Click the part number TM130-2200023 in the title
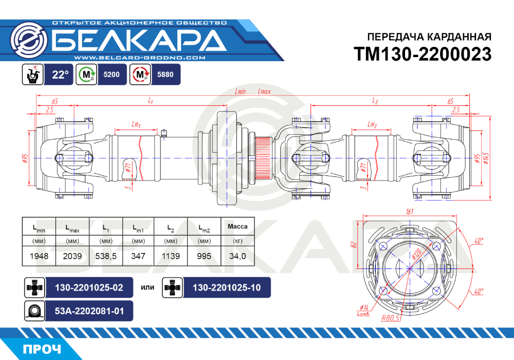423,54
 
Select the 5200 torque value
112,75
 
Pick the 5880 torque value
165,75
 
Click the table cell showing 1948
39,256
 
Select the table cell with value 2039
72,256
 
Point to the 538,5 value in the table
106,256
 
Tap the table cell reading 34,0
237,256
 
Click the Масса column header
237,226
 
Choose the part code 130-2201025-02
89,287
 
